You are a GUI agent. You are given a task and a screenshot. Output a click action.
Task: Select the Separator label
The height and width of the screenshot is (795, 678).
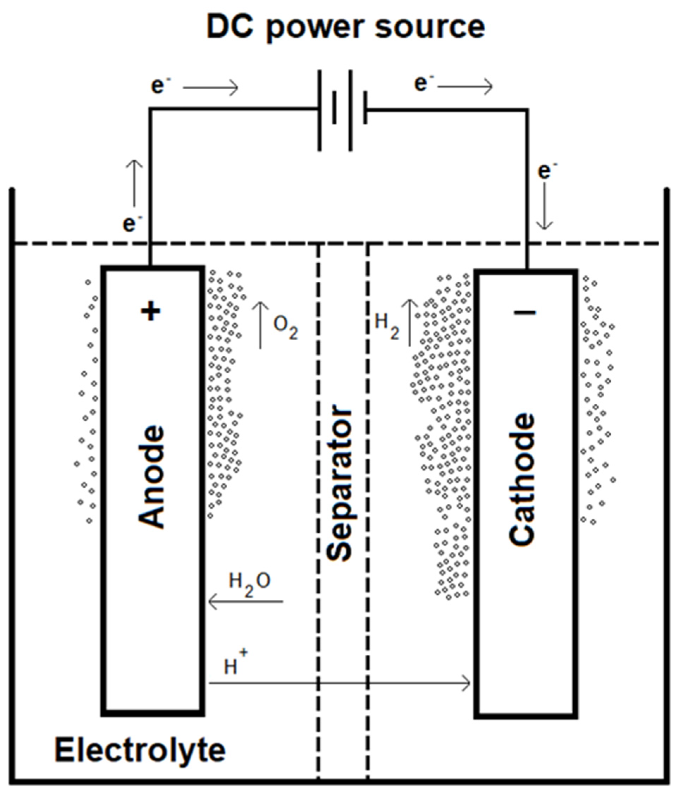(339, 483)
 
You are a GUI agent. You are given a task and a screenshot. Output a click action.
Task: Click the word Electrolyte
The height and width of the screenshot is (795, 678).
(140, 750)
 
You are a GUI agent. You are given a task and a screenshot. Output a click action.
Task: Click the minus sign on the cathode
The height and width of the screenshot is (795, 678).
(525, 313)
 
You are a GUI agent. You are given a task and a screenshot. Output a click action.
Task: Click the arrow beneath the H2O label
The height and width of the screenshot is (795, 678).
(245, 601)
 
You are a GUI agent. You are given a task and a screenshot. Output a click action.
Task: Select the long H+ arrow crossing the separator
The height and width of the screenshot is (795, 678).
(339, 683)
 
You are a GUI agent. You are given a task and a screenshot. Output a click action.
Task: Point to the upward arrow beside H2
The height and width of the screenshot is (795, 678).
(409, 322)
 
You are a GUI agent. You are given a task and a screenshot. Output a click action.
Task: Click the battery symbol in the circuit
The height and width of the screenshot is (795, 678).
(342, 110)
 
